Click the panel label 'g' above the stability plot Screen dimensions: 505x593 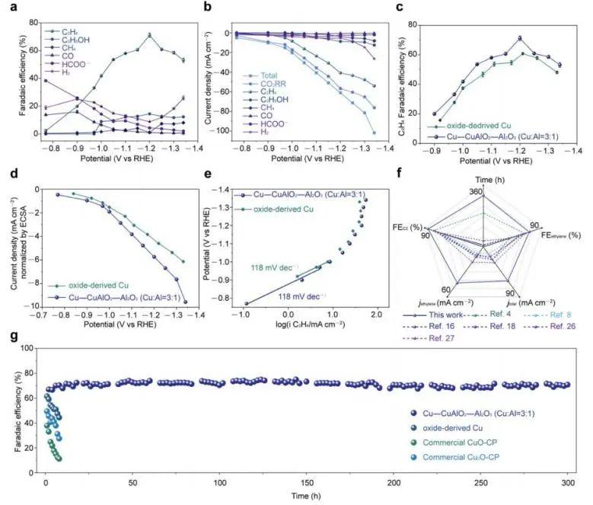tap(8, 336)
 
